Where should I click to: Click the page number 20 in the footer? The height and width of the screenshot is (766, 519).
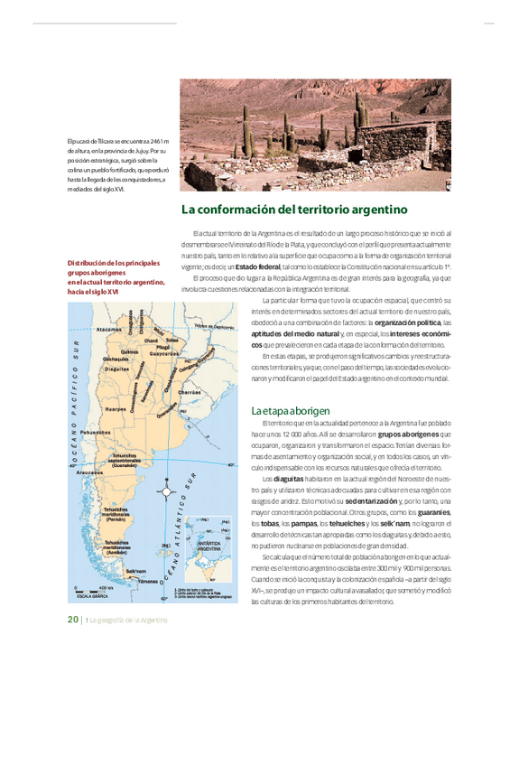coord(72,619)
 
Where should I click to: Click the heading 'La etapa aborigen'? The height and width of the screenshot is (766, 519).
coord(291,410)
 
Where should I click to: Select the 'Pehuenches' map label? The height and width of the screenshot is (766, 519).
coord(95,434)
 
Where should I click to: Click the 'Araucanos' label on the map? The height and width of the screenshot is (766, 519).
coord(89,472)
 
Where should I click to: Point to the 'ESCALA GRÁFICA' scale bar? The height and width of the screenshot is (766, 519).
coord(93,593)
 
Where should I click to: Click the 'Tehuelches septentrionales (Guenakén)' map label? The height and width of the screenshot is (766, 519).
coord(125,460)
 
